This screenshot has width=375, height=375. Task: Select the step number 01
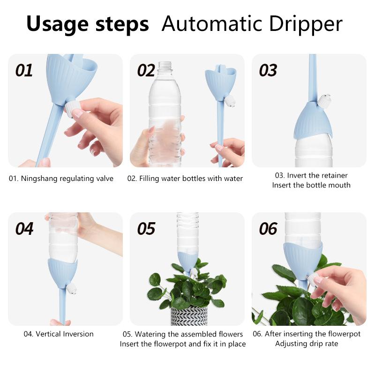pyautogui.click(x=24, y=70)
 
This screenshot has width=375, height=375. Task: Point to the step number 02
pyautogui.click(x=146, y=70)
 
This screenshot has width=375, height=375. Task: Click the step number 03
pyautogui.click(x=268, y=70)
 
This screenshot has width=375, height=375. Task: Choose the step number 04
pyautogui.click(x=24, y=229)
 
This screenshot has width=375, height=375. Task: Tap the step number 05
pyautogui.click(x=146, y=229)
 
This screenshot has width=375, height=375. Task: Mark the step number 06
pyautogui.click(x=268, y=229)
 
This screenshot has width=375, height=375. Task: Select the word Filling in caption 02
pyautogui.click(x=149, y=179)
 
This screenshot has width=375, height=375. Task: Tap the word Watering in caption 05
pyautogui.click(x=150, y=334)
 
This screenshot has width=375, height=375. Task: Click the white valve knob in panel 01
pyautogui.click(x=71, y=109)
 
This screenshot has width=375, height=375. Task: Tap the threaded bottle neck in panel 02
pyautogui.click(x=165, y=67)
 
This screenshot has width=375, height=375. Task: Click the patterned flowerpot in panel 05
pyautogui.click(x=189, y=315)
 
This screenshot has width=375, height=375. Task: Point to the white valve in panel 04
pyautogui.click(x=72, y=289)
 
